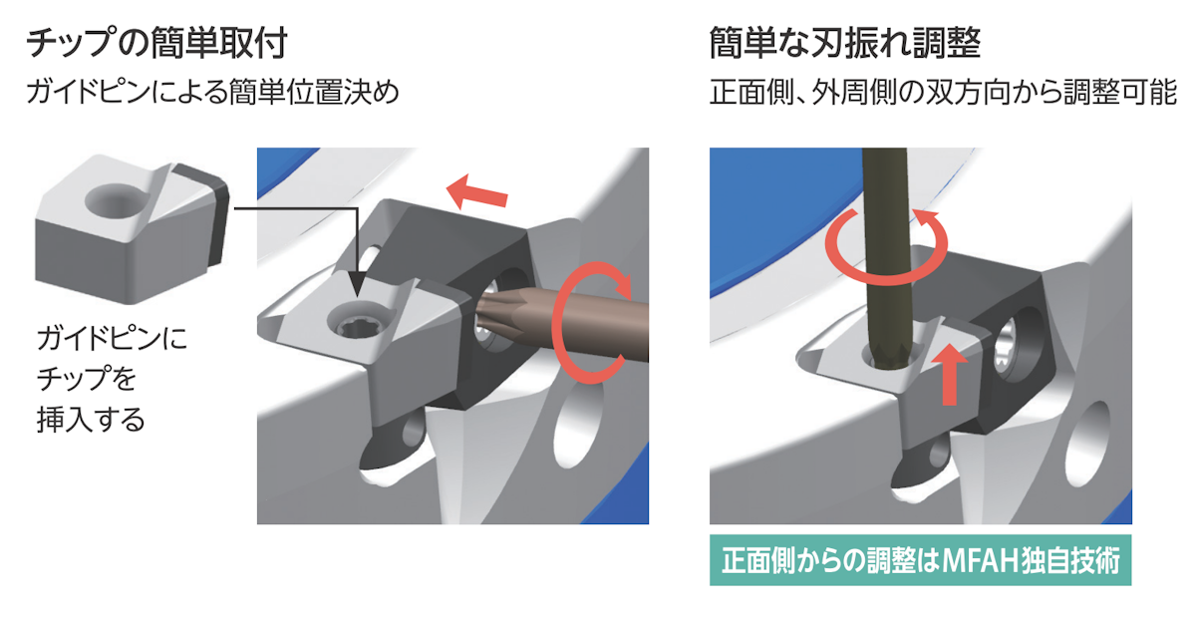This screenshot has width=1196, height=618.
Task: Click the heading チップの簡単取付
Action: coord(157,43)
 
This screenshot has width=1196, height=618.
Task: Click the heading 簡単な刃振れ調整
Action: coord(845,43)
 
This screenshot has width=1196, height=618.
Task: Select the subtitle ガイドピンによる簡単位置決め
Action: coord(212,92)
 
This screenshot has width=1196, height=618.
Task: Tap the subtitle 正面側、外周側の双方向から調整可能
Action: coord(943,92)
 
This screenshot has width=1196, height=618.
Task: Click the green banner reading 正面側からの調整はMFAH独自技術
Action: coord(921,560)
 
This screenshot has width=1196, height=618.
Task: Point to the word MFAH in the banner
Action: coord(980,561)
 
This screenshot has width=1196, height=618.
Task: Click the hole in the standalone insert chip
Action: coord(114,201)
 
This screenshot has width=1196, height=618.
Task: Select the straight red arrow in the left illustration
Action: coord(476,192)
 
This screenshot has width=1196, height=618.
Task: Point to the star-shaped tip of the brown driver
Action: coord(494,315)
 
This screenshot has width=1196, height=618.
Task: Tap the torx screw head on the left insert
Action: coord(355,323)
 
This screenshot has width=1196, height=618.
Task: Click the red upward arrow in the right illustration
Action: coord(949,374)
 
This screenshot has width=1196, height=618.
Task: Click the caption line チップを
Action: coord(87,379)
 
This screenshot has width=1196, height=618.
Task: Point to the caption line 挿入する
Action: coord(91,419)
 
